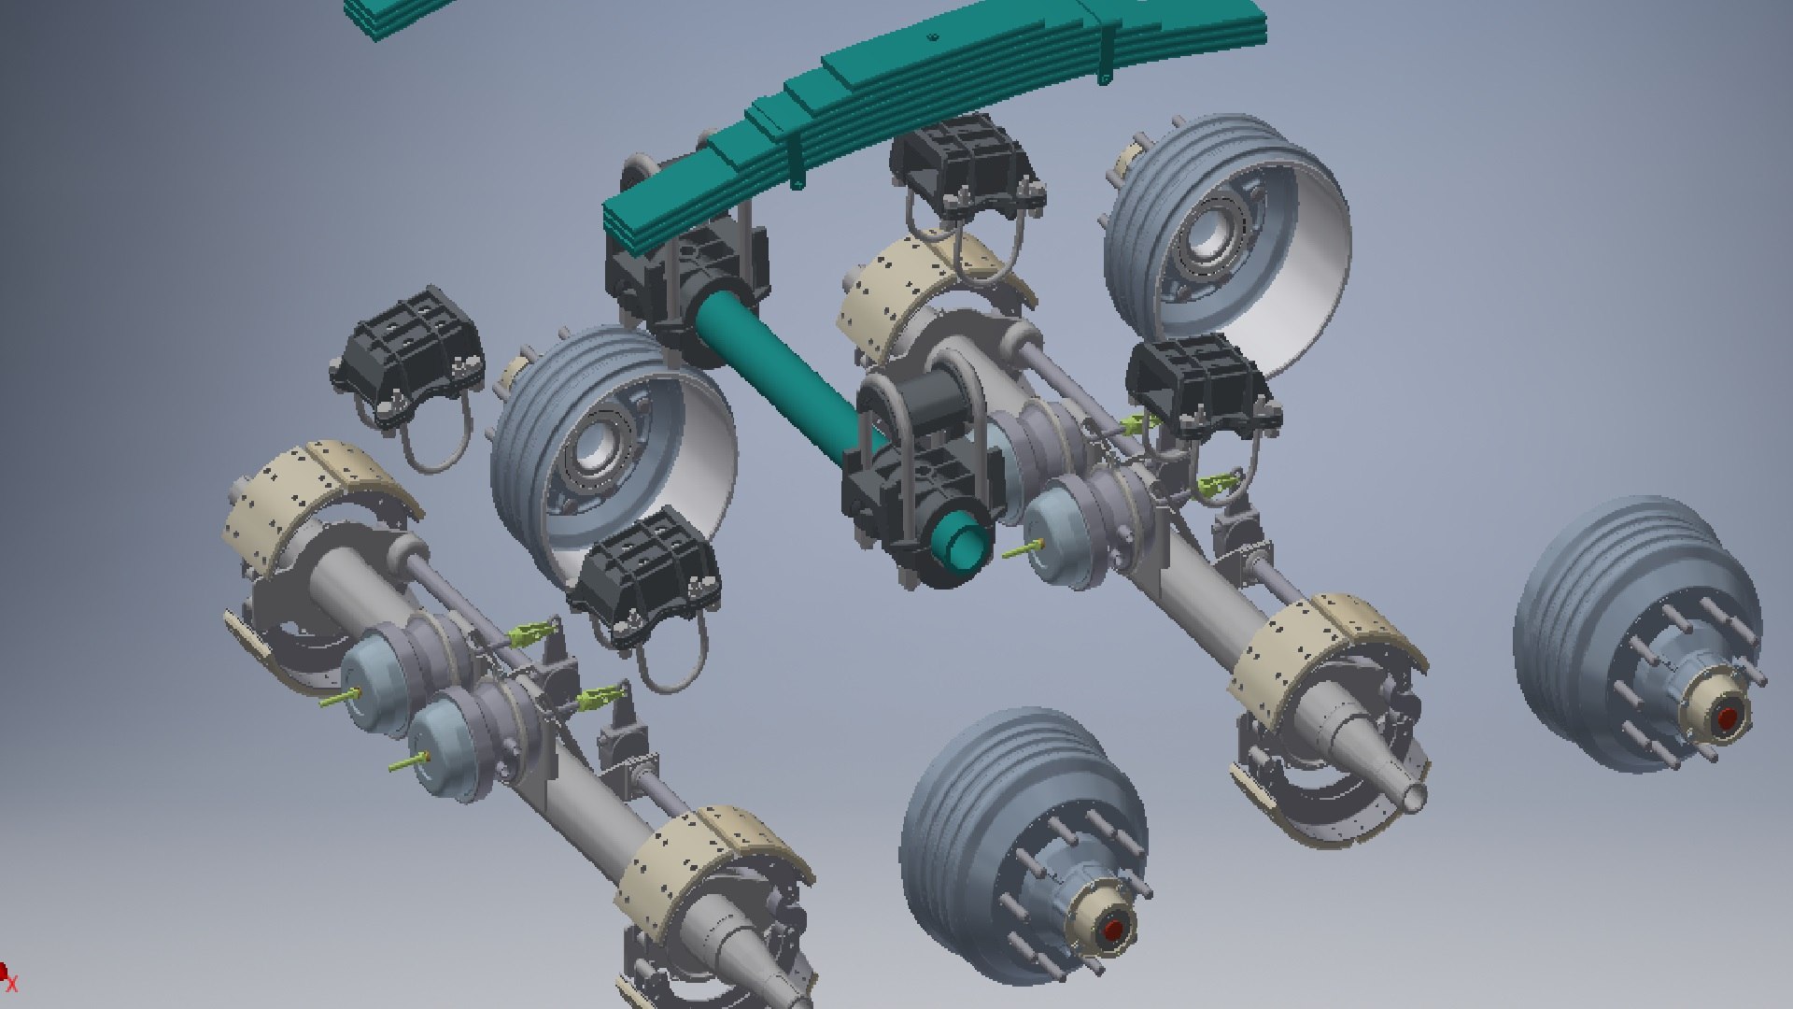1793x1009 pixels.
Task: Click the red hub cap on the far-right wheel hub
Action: [x=1727, y=718]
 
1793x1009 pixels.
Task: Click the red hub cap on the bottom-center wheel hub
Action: [x=1113, y=931]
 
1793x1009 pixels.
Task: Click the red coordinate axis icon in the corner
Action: [x=7, y=977]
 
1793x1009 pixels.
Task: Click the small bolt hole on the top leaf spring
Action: [x=932, y=37]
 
